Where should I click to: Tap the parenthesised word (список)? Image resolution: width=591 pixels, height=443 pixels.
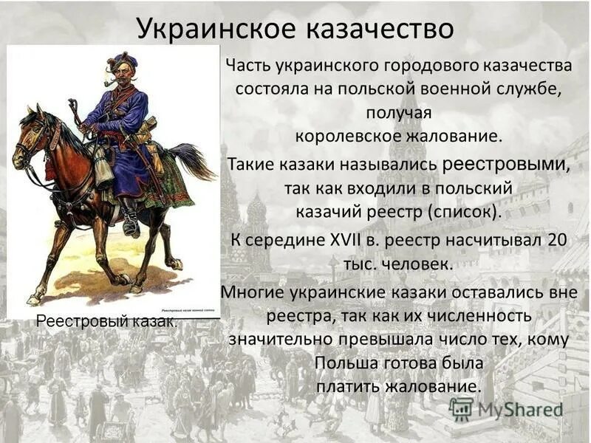(x=462, y=212)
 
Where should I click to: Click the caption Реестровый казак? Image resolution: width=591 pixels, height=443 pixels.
(x=106, y=322)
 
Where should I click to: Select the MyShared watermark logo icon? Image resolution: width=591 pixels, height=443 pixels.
(x=461, y=409)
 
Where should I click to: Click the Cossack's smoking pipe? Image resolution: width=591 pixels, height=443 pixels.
(x=109, y=83)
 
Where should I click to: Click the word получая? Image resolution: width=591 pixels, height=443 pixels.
(x=398, y=113)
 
